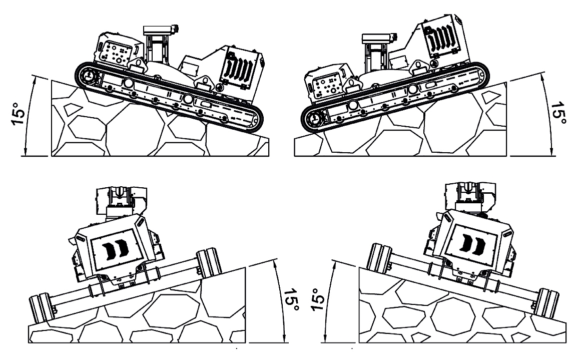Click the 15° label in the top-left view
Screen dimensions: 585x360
(x=19, y=113)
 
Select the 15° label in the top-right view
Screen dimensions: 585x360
(x=558, y=113)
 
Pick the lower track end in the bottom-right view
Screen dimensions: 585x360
(x=546, y=303)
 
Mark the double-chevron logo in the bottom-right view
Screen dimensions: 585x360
(x=473, y=243)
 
